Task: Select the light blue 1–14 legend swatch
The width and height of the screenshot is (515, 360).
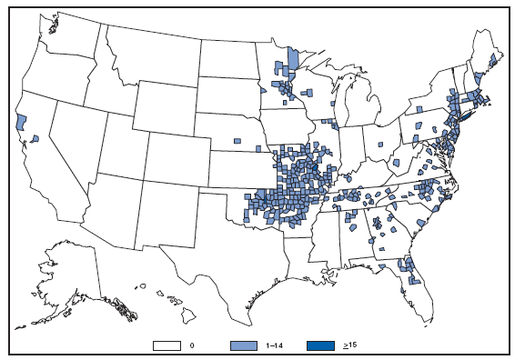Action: (x=245, y=345)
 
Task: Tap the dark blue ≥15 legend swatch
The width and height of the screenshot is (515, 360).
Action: (x=318, y=345)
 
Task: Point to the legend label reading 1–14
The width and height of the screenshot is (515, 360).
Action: (x=275, y=346)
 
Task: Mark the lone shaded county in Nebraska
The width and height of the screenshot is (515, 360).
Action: (x=236, y=141)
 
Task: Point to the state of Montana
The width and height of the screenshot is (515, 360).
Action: (x=146, y=55)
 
